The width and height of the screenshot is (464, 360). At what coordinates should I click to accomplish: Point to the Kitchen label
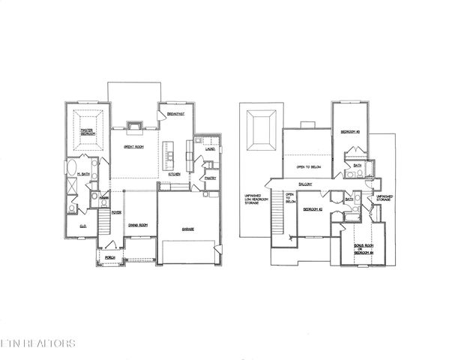point(174,174)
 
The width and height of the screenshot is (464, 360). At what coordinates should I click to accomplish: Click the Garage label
point(188,228)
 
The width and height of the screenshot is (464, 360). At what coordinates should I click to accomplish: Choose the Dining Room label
point(136,224)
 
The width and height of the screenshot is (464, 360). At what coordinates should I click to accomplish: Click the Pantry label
point(211,178)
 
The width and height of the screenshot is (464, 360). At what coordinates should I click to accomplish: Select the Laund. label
point(210,148)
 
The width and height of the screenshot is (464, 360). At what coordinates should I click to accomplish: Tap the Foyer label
point(116,212)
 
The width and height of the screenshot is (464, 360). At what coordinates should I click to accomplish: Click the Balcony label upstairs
point(305,184)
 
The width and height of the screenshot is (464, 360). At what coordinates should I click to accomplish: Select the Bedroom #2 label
point(313,210)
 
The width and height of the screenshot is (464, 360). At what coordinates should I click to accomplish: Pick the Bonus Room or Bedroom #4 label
point(363,247)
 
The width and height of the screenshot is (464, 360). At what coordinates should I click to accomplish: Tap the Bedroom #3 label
point(350,132)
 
